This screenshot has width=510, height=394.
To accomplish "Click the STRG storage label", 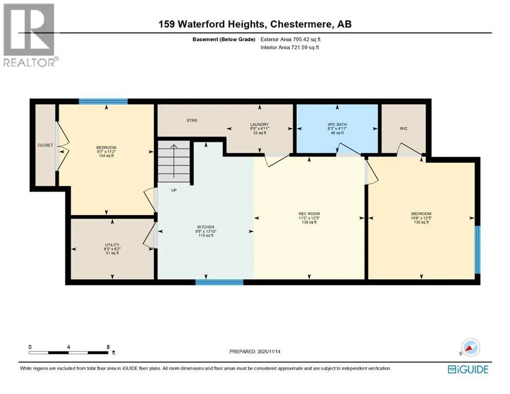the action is coord(192,121).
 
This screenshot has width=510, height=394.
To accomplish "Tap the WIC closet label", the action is coord(403,129).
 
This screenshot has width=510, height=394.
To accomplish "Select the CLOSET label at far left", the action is coord(45,145).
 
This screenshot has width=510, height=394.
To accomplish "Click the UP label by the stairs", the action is coord(174,190).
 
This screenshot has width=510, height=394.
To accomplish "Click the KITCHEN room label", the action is coord(206,227).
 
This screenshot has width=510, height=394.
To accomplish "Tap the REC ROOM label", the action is coord(309,214).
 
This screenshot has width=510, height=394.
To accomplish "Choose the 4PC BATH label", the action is coord(337,124).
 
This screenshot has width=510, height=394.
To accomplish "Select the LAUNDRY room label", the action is coord(259,124).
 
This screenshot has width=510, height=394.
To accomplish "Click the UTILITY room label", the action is coord(112,245).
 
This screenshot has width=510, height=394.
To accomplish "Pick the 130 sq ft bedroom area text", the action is coord(421,222).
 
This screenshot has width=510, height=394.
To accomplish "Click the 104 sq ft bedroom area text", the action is coord(106,156).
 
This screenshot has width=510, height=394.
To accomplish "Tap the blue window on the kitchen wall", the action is coord(219,282).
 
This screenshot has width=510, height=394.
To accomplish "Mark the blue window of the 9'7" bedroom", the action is coord(103,102).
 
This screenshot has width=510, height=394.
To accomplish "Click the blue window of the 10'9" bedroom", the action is coord(478,249).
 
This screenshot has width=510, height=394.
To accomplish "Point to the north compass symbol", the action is coord(470,347).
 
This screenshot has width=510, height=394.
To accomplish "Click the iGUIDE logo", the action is coord(468,370).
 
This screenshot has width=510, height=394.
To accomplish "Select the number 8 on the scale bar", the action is coord(108,347).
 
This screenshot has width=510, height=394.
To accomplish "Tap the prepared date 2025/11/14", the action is coord(269,351).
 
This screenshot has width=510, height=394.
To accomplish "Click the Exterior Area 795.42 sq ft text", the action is coord(291,40).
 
